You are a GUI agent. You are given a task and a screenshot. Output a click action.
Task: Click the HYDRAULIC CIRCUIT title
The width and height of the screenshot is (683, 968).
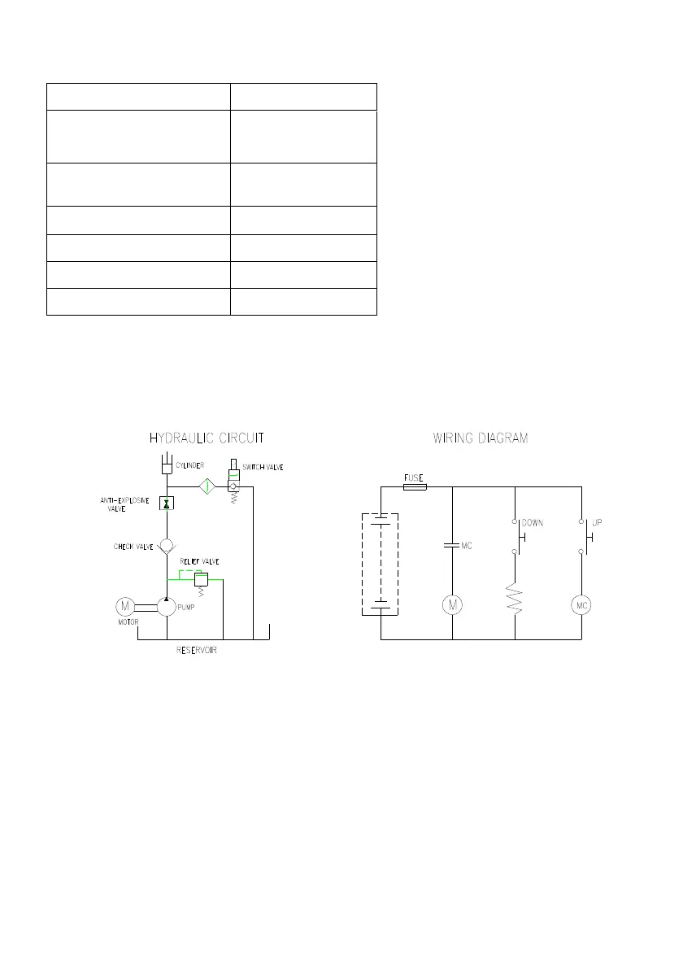coord(207,438)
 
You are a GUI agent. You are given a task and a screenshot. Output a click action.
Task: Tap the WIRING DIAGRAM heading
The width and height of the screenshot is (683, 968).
coord(480,438)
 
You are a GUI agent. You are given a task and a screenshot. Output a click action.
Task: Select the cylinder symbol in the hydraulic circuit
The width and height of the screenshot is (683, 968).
coord(167,463)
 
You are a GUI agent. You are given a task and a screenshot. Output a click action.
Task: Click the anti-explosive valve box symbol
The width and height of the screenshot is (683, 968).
coord(167,504)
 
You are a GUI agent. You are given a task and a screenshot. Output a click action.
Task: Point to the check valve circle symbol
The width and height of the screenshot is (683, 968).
coord(167,547)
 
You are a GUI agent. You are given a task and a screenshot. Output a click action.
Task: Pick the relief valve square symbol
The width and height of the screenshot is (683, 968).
coord(201,580)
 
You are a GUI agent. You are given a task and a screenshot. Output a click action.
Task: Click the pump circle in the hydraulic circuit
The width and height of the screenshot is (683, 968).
coord(167,606)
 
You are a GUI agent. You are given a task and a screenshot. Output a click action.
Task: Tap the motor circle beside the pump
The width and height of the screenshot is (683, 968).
coord(125,606)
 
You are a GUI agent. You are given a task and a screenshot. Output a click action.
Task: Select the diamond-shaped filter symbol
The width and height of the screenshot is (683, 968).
coord(207,486)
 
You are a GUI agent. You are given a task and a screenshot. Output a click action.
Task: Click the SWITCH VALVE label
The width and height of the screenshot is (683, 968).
coord(263,468)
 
